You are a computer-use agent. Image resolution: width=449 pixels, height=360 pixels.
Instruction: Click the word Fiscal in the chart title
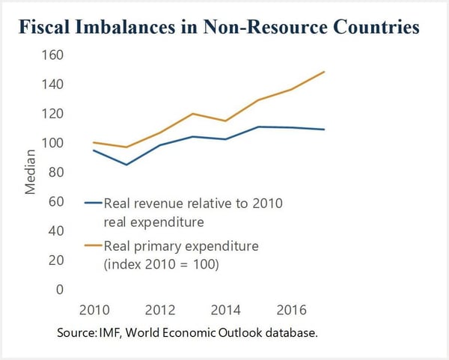click(x=57, y=28)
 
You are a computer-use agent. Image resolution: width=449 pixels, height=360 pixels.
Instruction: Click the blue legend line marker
click(x=94, y=203)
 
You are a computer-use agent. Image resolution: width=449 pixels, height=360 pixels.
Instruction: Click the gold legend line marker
click(x=94, y=245)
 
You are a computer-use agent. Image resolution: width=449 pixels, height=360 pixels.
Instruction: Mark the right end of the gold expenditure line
click(x=324, y=72)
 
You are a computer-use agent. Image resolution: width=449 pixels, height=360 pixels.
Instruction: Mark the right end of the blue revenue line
click(x=324, y=129)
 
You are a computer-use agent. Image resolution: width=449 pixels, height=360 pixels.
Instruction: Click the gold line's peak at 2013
click(x=193, y=114)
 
